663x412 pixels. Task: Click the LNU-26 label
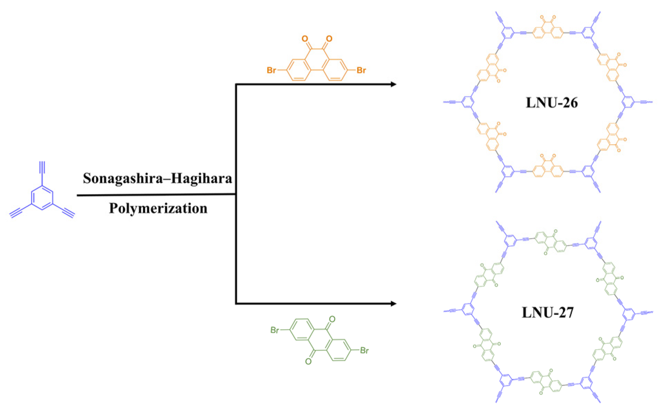click(551, 103)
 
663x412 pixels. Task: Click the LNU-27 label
click(548, 312)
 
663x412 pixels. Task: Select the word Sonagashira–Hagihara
click(157, 179)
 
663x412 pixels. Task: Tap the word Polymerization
click(158, 208)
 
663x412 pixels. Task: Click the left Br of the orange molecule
click(271, 70)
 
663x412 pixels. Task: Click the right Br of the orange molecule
click(361, 70)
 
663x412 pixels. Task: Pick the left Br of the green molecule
click(275, 330)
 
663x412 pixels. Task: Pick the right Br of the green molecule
click(364, 351)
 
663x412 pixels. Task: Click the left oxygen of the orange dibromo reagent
click(305, 38)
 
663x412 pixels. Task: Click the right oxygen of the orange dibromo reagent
click(329, 38)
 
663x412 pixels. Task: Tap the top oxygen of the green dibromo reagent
click(332, 319)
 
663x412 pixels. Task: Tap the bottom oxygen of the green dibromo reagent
click(308, 362)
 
